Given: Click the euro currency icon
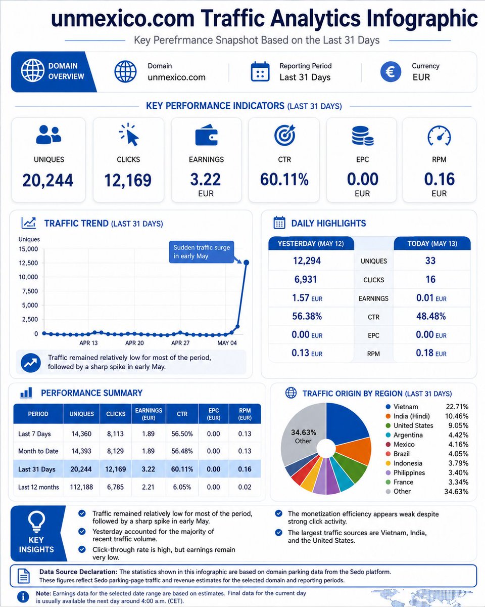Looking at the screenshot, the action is coord(391,72).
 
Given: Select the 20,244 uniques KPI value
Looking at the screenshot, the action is coord(48,180).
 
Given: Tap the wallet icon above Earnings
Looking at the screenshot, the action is coord(206,135).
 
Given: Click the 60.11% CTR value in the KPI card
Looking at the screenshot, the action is coord(284,180).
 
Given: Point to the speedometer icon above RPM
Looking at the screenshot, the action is coord(439,136).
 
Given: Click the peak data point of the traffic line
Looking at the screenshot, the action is coord(246,263).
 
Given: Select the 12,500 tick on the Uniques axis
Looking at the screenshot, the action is coord(28,263).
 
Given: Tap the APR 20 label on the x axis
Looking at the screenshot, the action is coord(134,343).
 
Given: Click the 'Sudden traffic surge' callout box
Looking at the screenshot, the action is coord(202,252).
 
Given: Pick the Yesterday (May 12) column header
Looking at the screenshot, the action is coord(311,243).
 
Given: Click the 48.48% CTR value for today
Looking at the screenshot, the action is coord(431,316).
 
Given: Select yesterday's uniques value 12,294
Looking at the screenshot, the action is coord(307,261).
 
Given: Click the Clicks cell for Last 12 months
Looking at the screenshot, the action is coord(115,487).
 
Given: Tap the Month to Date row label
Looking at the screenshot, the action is coord(38,451).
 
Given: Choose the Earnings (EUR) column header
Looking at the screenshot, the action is coord(149,414).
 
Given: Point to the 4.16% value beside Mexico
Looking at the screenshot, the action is coord(458,444).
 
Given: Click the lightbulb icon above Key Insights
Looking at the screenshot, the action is coord(36,522).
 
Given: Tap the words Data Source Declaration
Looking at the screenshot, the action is coord(78,572).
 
